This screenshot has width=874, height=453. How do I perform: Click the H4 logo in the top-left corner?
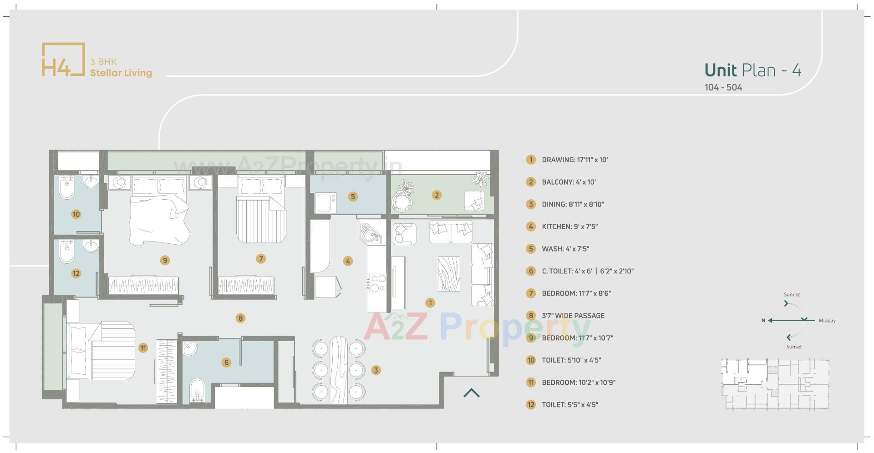coord(63,60)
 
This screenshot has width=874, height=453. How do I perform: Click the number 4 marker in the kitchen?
coord(348,261)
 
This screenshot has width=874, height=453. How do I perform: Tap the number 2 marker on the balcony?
coord(437,195)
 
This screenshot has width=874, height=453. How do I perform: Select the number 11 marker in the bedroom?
coord(143,348)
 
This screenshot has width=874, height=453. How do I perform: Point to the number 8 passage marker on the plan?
coord(240,318)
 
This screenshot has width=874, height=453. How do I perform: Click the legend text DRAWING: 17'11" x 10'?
coord(574,160)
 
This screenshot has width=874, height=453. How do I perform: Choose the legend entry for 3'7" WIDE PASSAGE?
coord(573,316)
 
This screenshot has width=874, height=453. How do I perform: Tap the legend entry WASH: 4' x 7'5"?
coord(565,249)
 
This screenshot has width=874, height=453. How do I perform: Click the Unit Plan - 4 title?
coord(752,70)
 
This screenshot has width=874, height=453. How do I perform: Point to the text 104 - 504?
coord(723,87)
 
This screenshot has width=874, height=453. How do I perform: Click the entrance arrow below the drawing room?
coord(472,393)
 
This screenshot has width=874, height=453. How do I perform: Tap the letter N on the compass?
coord(763,321)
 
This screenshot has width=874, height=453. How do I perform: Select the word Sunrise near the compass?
coord(792,294)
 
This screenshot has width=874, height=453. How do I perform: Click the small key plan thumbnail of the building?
coord(775,384)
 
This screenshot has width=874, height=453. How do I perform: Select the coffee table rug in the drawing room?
coord(448,274)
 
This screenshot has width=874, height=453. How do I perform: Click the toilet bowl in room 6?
coord(197,390)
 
